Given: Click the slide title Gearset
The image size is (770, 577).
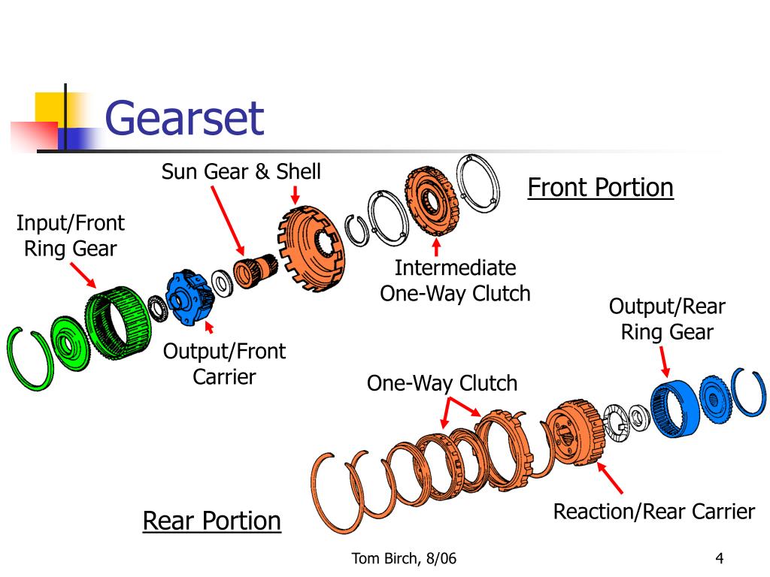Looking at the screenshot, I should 184,118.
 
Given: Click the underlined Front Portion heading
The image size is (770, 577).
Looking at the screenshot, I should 600,187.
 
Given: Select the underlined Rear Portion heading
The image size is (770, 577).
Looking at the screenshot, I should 212,520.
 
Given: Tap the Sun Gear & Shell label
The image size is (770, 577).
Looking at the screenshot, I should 241,171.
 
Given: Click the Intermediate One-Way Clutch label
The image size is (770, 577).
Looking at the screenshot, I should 455,280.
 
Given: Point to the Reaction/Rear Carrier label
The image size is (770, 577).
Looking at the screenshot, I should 653,512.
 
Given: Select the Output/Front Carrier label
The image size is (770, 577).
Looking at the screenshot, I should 225,363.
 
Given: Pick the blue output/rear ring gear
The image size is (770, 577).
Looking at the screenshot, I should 674,407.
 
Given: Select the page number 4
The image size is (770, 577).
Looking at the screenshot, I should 720,557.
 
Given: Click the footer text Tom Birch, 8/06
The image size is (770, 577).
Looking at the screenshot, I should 405,557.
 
